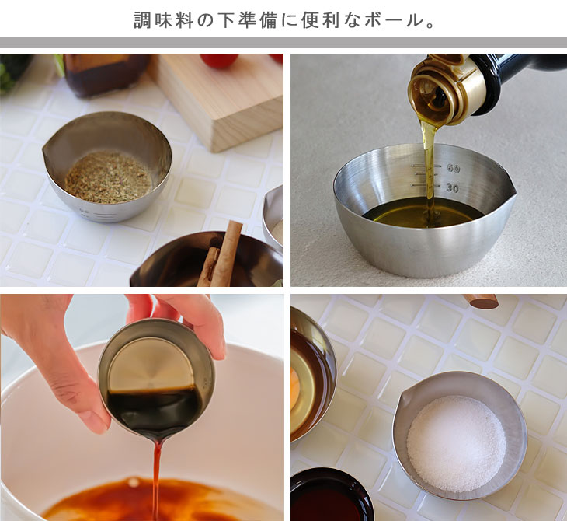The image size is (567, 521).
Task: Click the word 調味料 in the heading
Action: [163, 20]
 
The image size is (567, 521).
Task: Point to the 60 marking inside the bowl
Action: [453, 168]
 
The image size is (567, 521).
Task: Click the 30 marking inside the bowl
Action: [452, 187]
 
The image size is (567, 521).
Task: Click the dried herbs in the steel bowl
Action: [109, 177]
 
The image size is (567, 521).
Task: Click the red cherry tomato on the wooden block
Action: [219, 60]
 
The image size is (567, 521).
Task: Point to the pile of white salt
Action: [457, 443]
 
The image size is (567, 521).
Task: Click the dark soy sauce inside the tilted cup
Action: [154, 409]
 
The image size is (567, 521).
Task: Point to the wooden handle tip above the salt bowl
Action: [481, 301]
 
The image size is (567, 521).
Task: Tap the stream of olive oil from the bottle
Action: [430, 166]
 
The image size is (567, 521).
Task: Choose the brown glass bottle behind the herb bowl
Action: [106, 74]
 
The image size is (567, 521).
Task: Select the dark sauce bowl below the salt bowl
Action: [331, 495]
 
